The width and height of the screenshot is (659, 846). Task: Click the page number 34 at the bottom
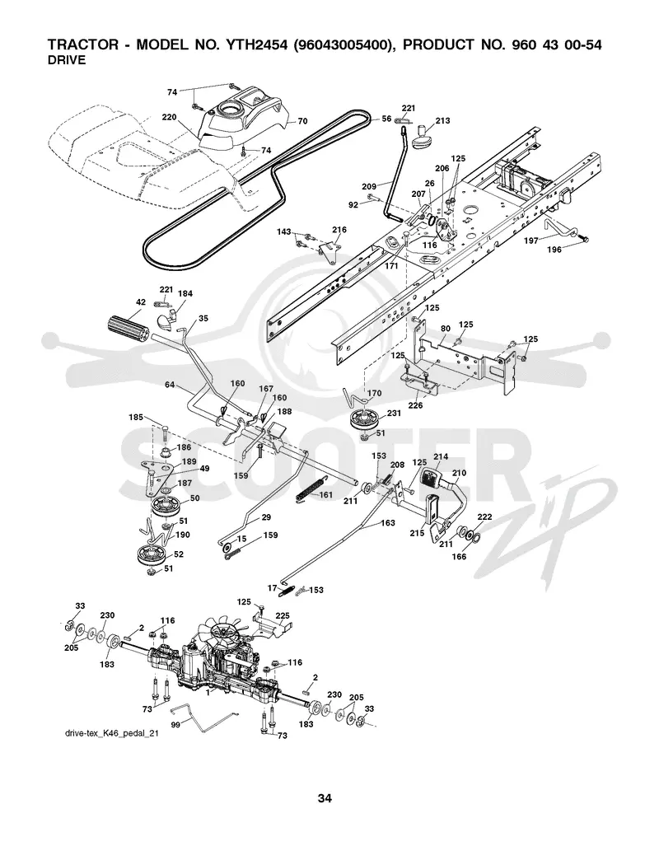pyautogui.click(x=325, y=798)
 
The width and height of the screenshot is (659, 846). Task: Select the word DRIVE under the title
pyautogui.click(x=67, y=60)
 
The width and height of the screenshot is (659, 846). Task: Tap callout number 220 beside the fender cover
pyautogui.click(x=170, y=117)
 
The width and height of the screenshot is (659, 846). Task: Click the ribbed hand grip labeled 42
pyautogui.click(x=127, y=326)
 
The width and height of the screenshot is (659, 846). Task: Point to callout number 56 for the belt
pyautogui.click(x=386, y=119)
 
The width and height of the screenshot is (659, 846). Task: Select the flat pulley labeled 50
pyautogui.click(x=166, y=506)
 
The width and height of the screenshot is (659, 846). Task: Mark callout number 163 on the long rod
pyautogui.click(x=388, y=522)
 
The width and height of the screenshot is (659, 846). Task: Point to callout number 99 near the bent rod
pyautogui.click(x=175, y=725)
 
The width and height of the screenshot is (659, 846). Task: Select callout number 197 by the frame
pyautogui.click(x=531, y=241)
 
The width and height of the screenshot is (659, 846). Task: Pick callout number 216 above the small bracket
pyautogui.click(x=339, y=230)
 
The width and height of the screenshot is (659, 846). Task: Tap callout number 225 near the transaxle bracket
pyautogui.click(x=283, y=615)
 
